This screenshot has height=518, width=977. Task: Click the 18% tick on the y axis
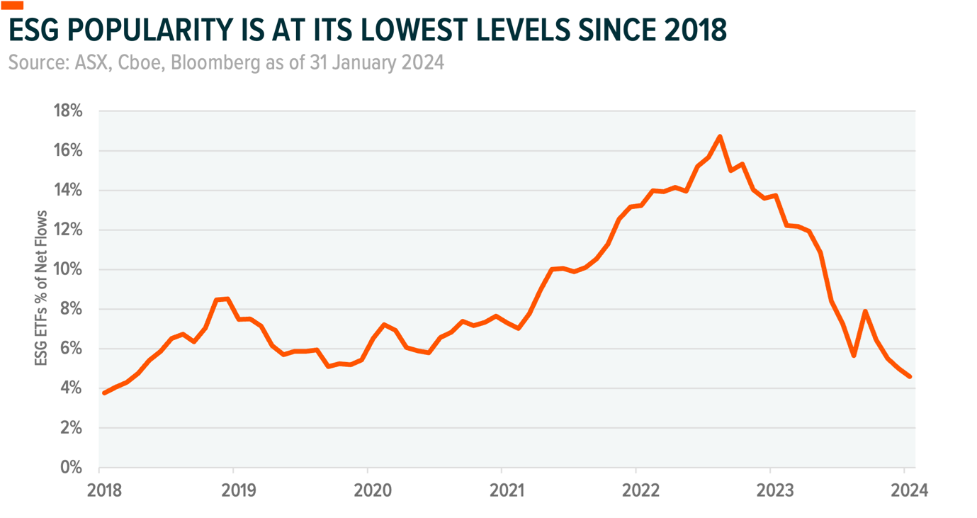(x=67, y=111)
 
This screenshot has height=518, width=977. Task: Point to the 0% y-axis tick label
(x=71, y=468)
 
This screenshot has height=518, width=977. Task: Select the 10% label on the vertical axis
(x=67, y=270)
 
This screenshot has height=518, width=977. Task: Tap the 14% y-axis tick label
(x=67, y=191)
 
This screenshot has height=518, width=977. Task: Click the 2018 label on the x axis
(x=100, y=490)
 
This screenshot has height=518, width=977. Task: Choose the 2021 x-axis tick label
(x=502, y=490)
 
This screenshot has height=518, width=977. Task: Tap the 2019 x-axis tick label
(x=233, y=490)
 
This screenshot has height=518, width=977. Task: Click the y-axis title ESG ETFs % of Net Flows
(x=41, y=288)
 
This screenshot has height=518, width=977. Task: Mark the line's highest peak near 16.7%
(x=720, y=136)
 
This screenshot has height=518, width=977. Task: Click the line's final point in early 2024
(x=910, y=377)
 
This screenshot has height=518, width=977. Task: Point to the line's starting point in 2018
(x=105, y=393)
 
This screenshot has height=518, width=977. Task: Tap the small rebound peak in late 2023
(x=865, y=311)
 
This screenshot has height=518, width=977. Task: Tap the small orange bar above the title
(x=12, y=6)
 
